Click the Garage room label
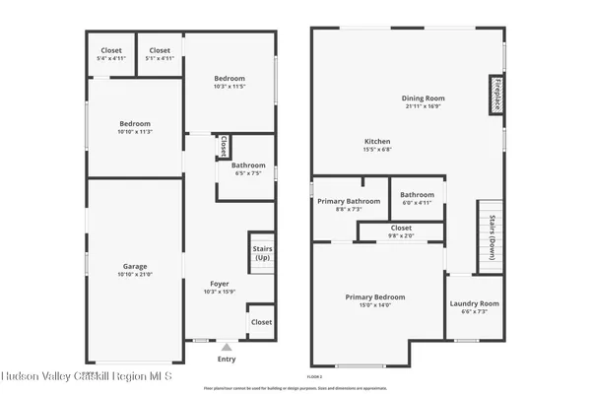135,266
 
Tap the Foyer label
220,284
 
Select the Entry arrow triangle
228,347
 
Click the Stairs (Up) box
261,254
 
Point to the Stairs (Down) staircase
486,232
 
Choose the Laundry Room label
475,303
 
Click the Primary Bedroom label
374,296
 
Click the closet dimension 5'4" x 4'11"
111,58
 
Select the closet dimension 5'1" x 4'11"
160,58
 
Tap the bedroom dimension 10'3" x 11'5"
230,86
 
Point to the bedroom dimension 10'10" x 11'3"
135,131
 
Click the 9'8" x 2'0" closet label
400,234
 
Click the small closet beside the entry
261,322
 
